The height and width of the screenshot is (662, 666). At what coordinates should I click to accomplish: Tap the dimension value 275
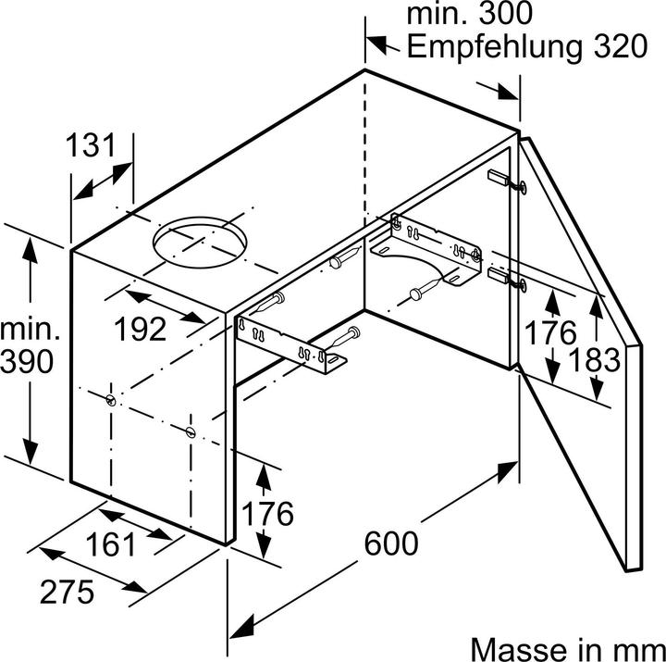67,590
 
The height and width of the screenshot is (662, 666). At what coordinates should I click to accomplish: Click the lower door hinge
505,278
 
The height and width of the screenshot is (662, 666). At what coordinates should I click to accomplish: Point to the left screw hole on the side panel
111,400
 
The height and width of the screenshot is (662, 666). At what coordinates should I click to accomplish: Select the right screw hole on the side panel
190,431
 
